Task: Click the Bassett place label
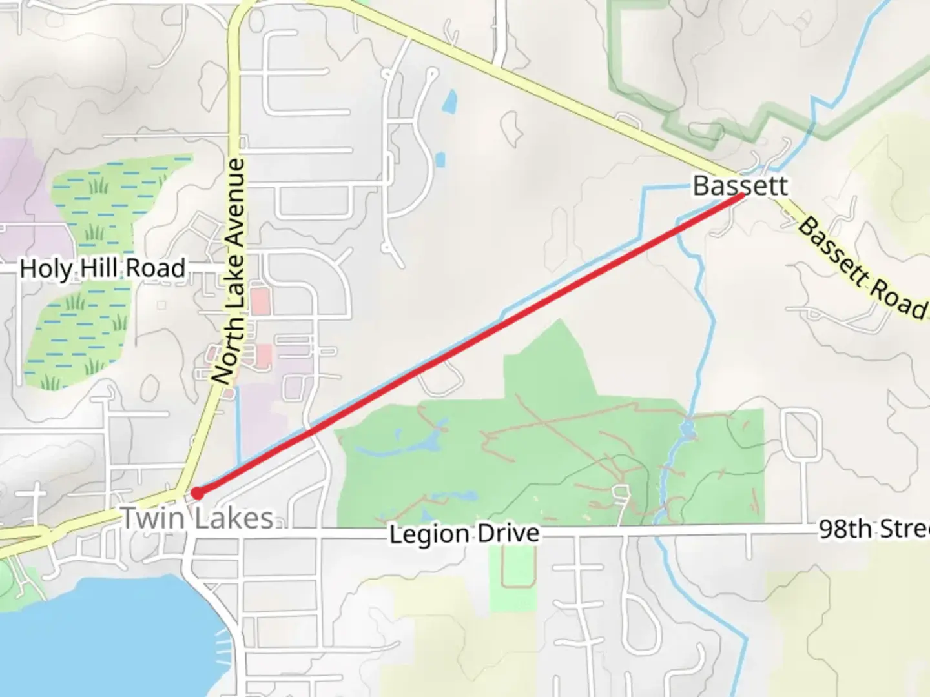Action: coord(740,186)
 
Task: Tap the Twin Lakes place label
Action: coord(198,518)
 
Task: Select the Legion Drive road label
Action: coord(464,534)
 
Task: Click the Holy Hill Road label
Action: coord(103,268)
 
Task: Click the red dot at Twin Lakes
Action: coord(198,493)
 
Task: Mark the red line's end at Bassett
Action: coord(741,195)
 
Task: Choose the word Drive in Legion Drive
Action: coord(508,534)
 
